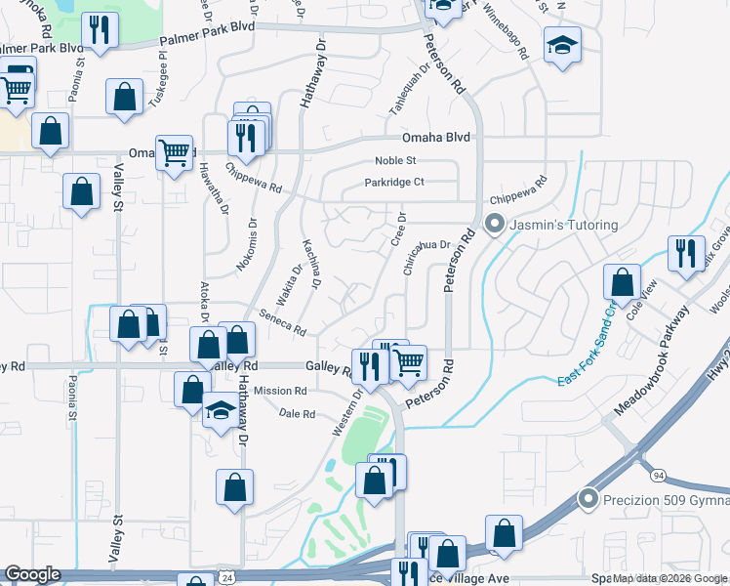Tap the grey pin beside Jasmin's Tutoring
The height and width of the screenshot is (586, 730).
495,226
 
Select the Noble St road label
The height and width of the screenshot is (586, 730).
396,160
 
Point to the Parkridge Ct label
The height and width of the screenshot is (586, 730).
394,182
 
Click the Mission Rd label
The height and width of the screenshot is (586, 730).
280,391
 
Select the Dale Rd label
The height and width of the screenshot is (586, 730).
297,414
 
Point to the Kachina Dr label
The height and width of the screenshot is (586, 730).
311,264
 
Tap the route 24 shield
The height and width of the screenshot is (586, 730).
227,578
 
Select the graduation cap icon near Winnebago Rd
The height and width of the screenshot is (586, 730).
561,47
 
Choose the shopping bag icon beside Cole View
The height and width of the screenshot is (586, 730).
621,282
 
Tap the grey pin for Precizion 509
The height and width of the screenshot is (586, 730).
588,500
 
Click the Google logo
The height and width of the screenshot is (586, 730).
33,574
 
